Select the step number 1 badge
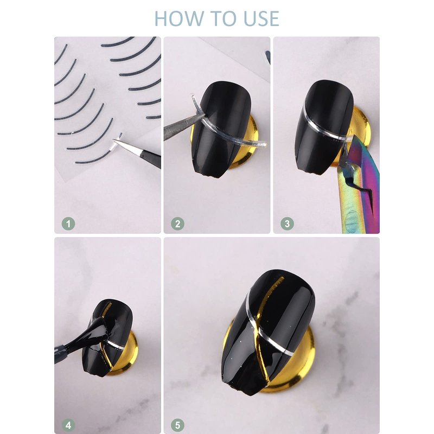pyautogui.click(x=68, y=224)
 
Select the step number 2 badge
pyautogui.click(x=178, y=224)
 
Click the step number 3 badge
pyautogui.click(x=287, y=224)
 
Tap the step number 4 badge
pyautogui.click(x=68, y=425)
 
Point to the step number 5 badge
pyautogui.click(x=178, y=425)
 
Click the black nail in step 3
pyautogui.click(x=324, y=127)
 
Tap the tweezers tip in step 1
pyautogui.click(x=114, y=141)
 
